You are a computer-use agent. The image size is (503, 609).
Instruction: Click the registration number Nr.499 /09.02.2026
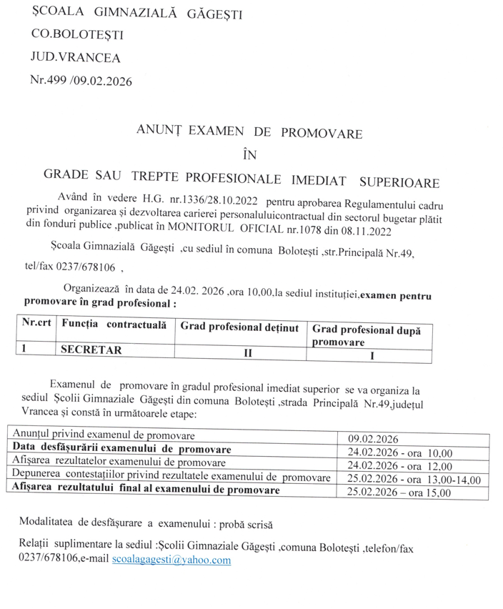pos(81,81)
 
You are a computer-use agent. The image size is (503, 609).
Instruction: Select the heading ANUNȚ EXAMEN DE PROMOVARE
pos(249,133)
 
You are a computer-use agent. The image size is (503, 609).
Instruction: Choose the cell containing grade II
pos(249,352)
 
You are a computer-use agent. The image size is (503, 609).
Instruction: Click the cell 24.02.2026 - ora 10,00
pos(400,451)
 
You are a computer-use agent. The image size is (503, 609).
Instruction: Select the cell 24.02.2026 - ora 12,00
pos(400,465)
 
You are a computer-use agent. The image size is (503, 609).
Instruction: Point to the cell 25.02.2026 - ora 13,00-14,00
pos(413,478)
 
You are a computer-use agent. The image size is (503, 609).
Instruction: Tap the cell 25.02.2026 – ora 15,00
pos(399,492)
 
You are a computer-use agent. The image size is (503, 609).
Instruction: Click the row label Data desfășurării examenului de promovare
pos(122,449)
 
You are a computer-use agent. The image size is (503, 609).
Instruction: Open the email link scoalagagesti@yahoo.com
pos(171,560)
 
